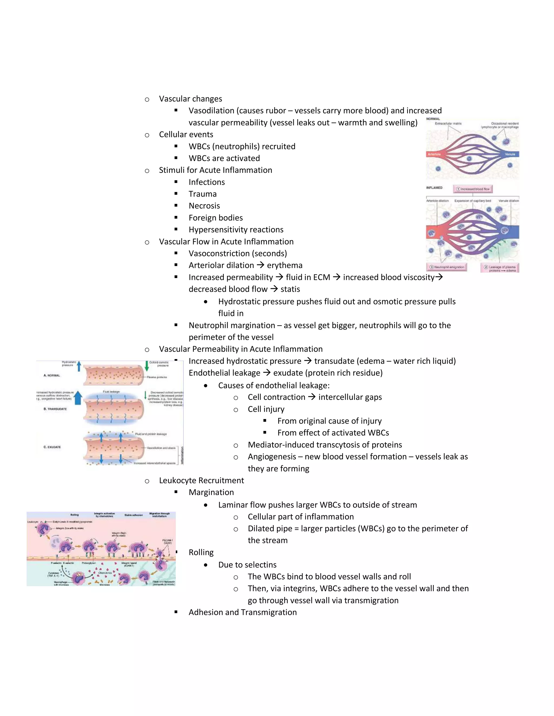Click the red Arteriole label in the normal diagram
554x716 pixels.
point(434,154)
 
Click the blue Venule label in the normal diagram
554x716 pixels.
point(510,154)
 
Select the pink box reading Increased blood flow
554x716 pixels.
point(473,189)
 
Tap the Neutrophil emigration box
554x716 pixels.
point(447,267)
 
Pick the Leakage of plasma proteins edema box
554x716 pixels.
point(500,269)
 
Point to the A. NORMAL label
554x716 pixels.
point(52,375)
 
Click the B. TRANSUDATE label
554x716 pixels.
point(55,409)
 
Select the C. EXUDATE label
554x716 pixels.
point(52,447)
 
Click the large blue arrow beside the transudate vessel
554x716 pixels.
point(78,398)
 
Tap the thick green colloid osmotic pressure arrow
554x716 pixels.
point(146,366)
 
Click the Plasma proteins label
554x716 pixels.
point(157,377)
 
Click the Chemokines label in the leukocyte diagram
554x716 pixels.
point(105,573)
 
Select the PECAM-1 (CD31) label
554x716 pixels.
point(167,541)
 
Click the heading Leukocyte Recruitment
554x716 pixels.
point(201,480)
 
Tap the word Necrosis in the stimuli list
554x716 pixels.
point(204,206)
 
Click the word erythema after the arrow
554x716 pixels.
point(285,265)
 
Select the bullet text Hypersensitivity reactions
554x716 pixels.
point(236,229)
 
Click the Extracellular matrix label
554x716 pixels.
point(448,123)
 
